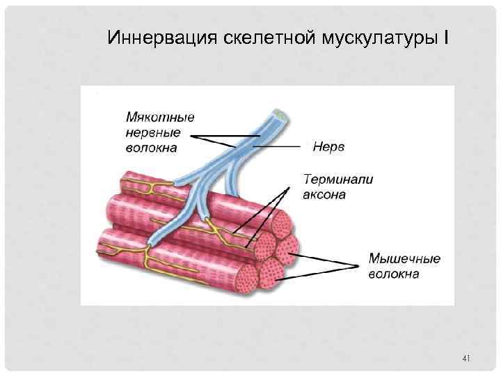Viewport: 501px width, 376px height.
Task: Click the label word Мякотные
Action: (160, 118)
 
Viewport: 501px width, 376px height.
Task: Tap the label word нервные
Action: (153, 132)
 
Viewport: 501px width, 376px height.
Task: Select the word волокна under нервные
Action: (151, 147)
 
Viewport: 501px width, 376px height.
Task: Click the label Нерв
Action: (329, 148)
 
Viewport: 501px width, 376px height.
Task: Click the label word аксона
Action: (324, 194)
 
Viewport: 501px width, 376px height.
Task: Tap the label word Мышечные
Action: (404, 259)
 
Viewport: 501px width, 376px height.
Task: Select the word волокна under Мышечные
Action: (393, 274)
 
